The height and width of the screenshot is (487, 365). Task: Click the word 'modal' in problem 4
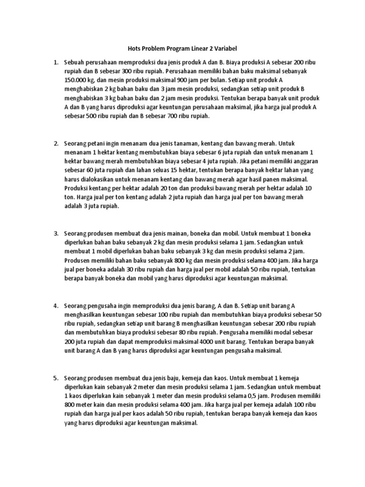(x=285, y=332)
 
